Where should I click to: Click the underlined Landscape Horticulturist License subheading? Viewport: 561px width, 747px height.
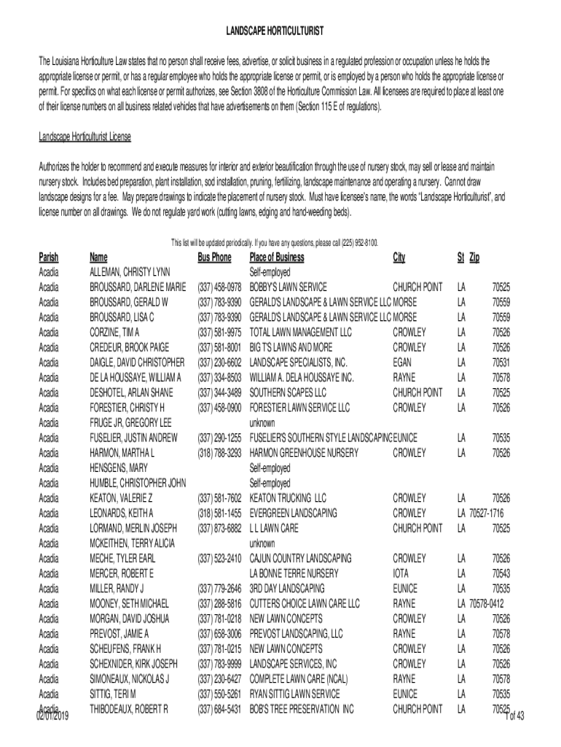[85, 136]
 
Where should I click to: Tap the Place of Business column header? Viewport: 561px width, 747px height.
[277, 258]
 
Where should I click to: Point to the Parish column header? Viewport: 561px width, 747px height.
[48, 258]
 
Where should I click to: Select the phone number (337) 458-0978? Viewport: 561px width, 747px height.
[219, 287]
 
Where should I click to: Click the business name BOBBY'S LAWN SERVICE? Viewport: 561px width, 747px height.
[289, 287]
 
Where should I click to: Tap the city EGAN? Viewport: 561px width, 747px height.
[403, 363]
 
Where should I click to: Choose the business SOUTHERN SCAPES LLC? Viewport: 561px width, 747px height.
[288, 392]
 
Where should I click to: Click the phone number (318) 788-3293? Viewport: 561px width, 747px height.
[219, 453]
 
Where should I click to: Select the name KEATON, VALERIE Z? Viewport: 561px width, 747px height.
[121, 498]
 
